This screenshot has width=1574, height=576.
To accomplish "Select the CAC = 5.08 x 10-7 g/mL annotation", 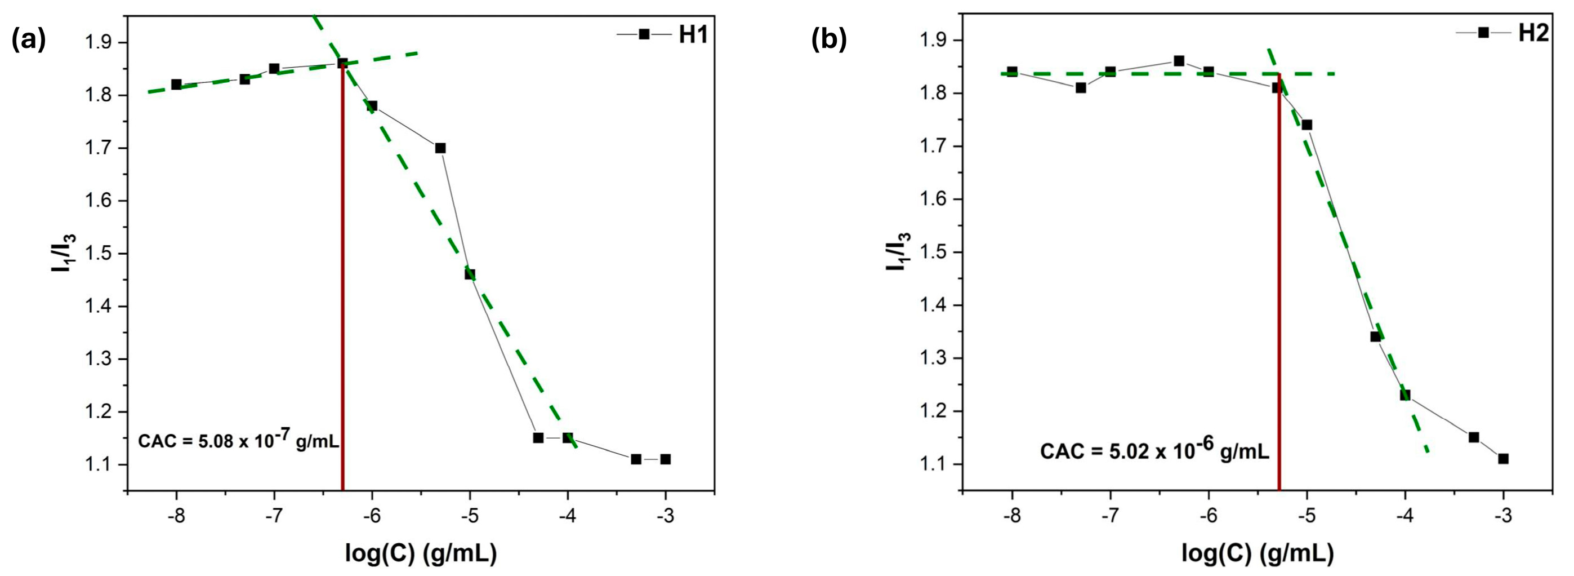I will coord(238,441).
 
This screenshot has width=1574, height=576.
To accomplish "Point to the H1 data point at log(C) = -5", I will coord(470,274).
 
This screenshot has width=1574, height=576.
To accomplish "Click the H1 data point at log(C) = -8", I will coord(177,85).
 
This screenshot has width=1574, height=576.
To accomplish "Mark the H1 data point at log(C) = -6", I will coord(372,106).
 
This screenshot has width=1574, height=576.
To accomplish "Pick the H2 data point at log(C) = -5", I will coord(1307,125).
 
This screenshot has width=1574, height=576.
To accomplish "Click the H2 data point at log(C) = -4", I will coord(1404,395).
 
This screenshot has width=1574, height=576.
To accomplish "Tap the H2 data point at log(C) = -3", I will coord(1503,459).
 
